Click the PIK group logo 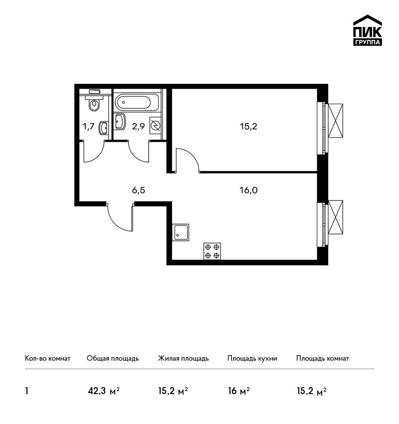click(x=368, y=30)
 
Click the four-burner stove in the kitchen click(x=212, y=251)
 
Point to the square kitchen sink click(x=181, y=232)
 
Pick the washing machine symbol click(x=155, y=126)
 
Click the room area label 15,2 click(x=248, y=126)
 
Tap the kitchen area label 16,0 click(x=248, y=191)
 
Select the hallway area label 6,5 click(x=139, y=191)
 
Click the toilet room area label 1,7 click(x=89, y=126)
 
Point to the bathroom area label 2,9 click(x=139, y=126)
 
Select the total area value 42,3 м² click(x=104, y=391)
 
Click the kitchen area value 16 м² click(x=239, y=391)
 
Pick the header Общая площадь click(x=113, y=359)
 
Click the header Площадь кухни click(x=252, y=359)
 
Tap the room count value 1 click(x=26, y=391)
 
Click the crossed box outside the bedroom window click(x=336, y=121)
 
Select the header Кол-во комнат click(x=47, y=359)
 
